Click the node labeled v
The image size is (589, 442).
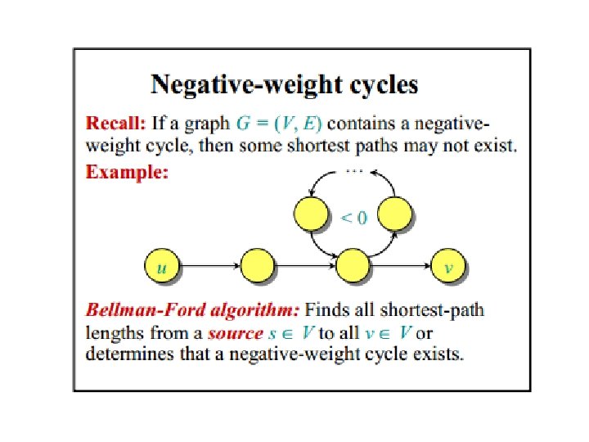(447, 265)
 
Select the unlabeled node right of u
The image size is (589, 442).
(257, 265)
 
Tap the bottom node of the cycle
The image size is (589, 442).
(353, 265)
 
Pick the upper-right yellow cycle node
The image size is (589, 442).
(395, 214)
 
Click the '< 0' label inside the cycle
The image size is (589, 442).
(353, 218)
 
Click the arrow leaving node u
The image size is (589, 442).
(209, 265)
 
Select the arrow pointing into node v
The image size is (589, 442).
(401, 265)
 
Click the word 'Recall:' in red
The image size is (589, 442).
(116, 124)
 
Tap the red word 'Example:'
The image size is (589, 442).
(127, 172)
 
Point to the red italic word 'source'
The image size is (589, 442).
(236, 333)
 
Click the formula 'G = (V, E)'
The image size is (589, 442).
(279, 124)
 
